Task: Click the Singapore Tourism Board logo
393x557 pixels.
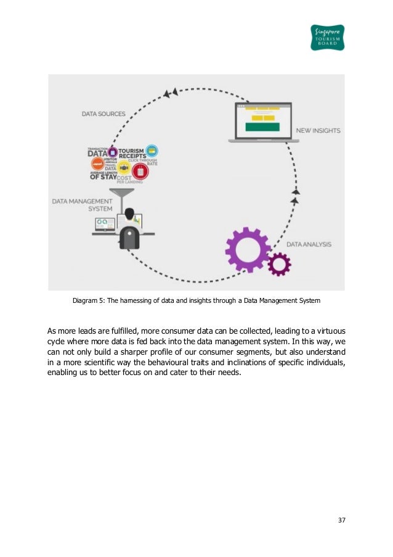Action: coord(327,37)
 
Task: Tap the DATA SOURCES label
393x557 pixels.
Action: coord(103,113)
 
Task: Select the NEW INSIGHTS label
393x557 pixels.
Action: coord(318,131)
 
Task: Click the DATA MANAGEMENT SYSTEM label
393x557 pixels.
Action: coord(82,205)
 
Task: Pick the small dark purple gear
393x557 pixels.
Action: coord(280,264)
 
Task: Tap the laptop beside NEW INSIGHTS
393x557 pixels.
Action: coord(264,123)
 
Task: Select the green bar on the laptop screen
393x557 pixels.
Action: coord(262,127)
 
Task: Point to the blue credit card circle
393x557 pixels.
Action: coord(152,150)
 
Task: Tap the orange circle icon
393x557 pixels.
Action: coord(97,163)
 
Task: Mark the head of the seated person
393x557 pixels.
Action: coord(129,215)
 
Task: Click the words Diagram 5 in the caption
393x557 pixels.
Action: coord(87,301)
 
